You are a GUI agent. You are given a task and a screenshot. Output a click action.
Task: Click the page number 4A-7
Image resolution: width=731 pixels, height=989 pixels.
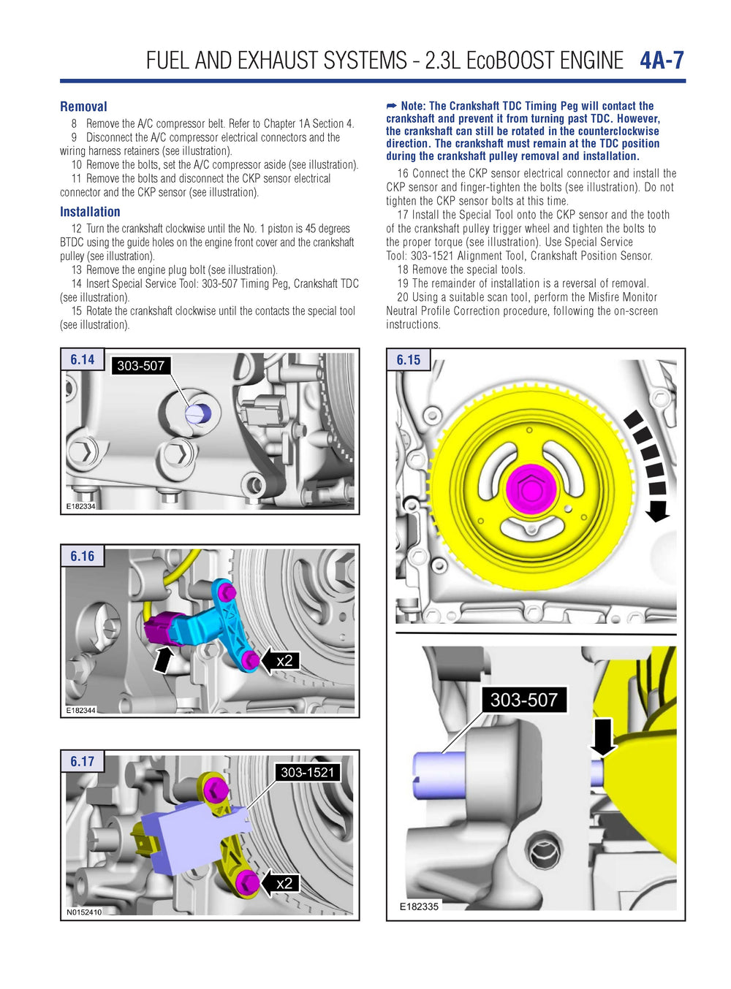[x=662, y=60]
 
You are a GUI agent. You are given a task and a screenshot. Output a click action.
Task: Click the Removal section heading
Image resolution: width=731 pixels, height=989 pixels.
[x=83, y=107]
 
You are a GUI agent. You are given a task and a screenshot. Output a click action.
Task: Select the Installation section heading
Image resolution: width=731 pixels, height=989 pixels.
[x=90, y=212]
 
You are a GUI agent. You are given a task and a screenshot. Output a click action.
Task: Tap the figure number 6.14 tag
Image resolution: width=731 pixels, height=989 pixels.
[x=82, y=359]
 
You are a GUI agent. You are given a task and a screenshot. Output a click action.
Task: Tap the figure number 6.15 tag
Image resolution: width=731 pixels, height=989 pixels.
[x=408, y=359]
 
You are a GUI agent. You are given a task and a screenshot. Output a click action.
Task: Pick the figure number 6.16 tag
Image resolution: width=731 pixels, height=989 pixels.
[x=82, y=556]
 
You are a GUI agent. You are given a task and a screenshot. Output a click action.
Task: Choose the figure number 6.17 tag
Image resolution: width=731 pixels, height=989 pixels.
[x=82, y=761]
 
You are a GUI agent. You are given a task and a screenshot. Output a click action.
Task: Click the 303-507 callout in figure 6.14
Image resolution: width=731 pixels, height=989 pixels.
[x=140, y=365]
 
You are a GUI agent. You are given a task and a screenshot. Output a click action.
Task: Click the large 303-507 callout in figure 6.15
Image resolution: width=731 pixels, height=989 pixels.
[x=523, y=700]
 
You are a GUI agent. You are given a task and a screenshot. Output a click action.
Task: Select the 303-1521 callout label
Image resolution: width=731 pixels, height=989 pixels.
[x=307, y=772]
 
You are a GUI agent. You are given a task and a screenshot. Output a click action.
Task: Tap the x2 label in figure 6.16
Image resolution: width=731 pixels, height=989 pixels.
[x=284, y=660]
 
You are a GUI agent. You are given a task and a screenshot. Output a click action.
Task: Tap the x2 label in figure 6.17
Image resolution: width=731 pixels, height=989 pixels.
[x=284, y=883]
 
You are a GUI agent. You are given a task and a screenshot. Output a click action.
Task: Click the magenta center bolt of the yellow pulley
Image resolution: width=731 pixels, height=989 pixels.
[x=531, y=487]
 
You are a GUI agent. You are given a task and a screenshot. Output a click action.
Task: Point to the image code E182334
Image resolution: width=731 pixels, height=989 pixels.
[x=80, y=506]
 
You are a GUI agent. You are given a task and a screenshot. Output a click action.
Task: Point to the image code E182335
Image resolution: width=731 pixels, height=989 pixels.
[x=419, y=906]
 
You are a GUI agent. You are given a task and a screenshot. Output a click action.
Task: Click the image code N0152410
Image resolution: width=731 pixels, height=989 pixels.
[x=84, y=912]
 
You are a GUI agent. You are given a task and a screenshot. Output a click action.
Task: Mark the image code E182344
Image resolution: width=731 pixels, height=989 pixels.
[x=80, y=710]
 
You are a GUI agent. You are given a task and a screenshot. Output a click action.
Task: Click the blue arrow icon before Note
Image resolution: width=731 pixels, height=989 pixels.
[x=392, y=107]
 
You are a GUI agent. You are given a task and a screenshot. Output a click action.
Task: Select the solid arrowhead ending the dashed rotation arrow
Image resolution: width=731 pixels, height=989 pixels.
[x=658, y=512]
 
